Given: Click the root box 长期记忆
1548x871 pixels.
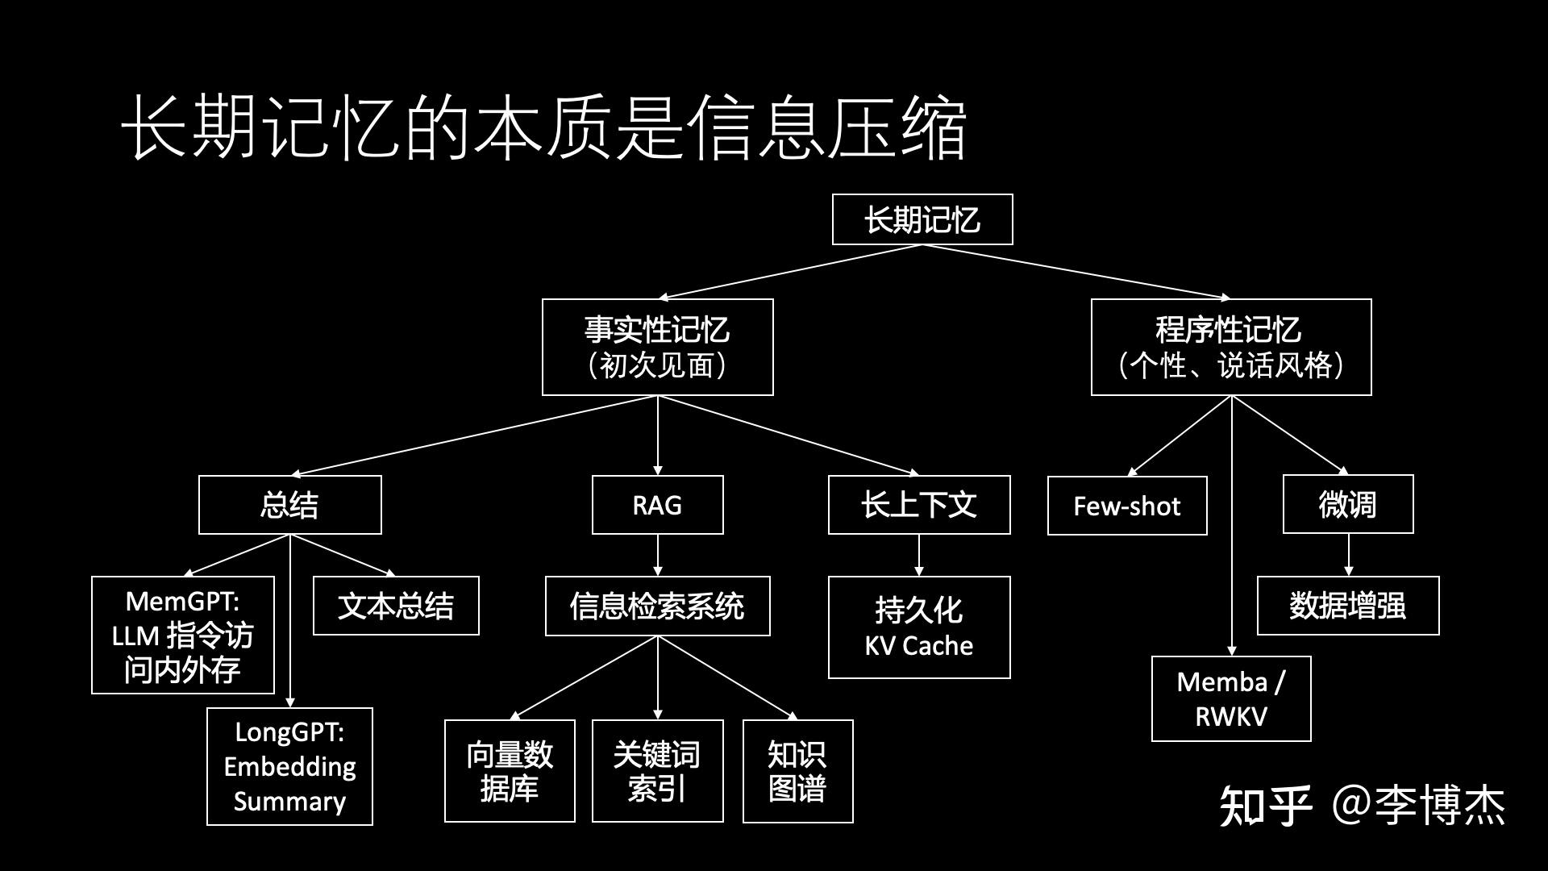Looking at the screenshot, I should coord(922,219).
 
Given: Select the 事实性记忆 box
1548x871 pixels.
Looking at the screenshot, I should coord(657,347).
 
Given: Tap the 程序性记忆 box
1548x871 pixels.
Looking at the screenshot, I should coord(1231,347).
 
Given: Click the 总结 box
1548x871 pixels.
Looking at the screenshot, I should coord(289,505).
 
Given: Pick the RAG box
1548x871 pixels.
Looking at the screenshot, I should coord(657,505).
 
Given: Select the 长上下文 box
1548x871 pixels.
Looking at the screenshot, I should coord(919,505).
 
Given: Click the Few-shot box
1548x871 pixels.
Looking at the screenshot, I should coord(1127,506).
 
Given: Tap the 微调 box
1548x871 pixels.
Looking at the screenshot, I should coord(1348,504).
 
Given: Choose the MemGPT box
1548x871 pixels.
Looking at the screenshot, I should coord(183,635).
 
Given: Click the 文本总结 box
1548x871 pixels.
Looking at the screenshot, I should coord(396,606).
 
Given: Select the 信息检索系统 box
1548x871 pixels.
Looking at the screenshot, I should coord(657,606).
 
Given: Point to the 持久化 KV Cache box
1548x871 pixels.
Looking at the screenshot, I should coord(919,627).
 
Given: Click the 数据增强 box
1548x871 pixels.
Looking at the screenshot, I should coord(1348,606).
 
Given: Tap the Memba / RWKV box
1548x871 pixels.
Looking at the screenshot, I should coord(1231,698).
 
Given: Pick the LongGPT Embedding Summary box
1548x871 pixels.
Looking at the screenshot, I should coord(289,766).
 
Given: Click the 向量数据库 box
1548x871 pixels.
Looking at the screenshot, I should coord(510,771).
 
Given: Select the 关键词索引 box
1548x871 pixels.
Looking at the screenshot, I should coord(657,771).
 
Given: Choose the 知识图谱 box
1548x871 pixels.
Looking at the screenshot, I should coord(797,771).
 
